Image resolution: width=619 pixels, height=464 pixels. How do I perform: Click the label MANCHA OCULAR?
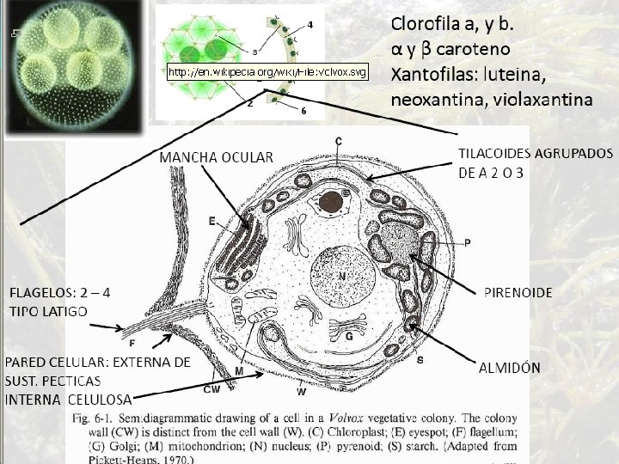click(x=215, y=156)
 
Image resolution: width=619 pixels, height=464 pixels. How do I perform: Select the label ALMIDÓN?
click(x=509, y=367)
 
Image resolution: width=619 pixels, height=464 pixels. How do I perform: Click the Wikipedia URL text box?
click(x=267, y=70)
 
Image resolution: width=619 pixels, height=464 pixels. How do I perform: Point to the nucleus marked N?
click(x=341, y=277)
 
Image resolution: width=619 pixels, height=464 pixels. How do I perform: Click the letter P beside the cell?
click(x=467, y=243)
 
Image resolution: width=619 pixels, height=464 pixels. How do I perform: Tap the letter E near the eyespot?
click(x=211, y=221)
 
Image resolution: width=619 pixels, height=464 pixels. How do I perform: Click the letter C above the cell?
click(x=339, y=140)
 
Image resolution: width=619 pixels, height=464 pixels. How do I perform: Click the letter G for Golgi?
click(x=349, y=337)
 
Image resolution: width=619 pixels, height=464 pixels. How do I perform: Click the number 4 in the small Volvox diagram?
click(x=309, y=23)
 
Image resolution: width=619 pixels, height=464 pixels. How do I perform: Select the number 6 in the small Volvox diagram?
click(x=303, y=110)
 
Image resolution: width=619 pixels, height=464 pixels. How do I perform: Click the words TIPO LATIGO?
click(x=48, y=310)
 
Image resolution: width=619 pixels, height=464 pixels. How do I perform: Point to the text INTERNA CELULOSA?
click(x=69, y=399)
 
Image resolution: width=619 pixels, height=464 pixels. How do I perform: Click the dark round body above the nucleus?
click(x=329, y=202)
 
